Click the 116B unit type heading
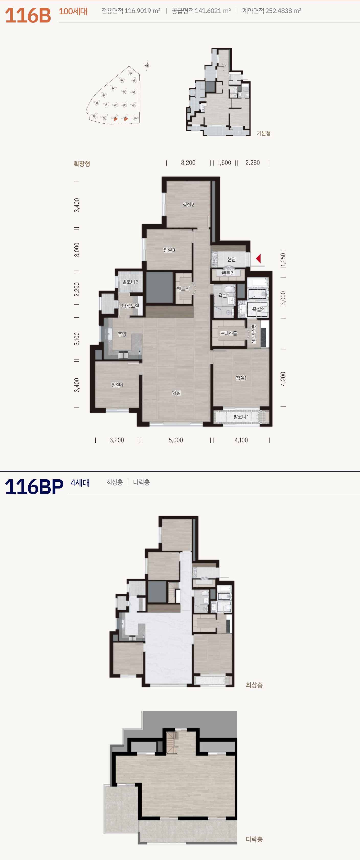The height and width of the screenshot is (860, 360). [x=28, y=15]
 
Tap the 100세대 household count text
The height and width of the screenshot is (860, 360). [x=73, y=11]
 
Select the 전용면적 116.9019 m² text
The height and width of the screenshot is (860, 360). [x=131, y=11]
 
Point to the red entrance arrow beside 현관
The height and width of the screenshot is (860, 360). [x=258, y=258]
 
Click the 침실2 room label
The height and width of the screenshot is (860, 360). [x=188, y=205]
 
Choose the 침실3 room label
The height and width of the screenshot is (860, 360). [x=169, y=250]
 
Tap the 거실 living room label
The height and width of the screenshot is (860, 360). [x=176, y=393]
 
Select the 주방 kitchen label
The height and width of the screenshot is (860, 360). [x=122, y=334]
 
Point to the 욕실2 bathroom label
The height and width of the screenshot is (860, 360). [x=258, y=309]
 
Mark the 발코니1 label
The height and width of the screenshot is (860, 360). [x=241, y=417]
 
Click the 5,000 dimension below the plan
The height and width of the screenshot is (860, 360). [x=176, y=440]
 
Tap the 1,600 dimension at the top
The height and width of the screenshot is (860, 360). [x=224, y=162]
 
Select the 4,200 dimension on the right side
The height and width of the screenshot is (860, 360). [x=283, y=379]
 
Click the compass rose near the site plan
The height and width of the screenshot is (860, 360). [x=147, y=65]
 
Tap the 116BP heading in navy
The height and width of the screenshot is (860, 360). [x=34, y=487]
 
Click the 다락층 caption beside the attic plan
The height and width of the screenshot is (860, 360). [x=254, y=839]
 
